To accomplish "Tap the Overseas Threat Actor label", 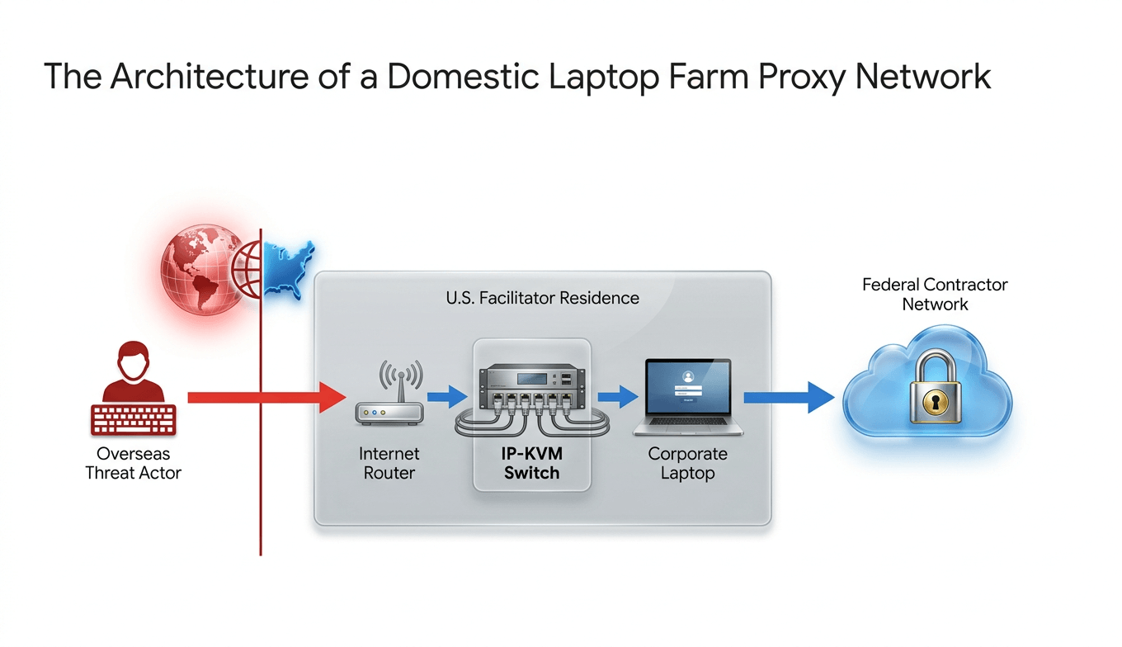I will (133, 464).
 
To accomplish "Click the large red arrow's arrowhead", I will (332, 397).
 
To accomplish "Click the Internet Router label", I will (389, 464).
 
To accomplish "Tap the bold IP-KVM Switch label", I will (531, 464).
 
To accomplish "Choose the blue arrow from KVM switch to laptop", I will (617, 397).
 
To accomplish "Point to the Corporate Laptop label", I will (687, 464).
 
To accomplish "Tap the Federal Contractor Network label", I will (935, 295).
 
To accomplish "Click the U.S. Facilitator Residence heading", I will (542, 298).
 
